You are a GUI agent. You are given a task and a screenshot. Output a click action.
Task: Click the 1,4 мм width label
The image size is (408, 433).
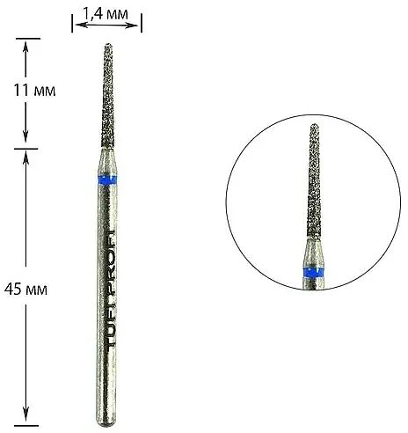[106, 14]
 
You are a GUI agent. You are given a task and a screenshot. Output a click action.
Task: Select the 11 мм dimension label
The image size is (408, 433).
[34, 91]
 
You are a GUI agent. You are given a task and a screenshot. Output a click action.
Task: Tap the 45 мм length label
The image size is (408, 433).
[25, 290]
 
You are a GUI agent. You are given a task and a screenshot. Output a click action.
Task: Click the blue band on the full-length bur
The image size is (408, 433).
[107, 180]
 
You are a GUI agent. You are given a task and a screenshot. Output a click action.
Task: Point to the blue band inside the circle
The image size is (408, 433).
[314, 272]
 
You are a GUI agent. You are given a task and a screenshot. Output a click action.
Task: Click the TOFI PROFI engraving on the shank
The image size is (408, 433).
[110, 289]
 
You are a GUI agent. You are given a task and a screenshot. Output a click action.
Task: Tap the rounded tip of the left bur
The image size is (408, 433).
[108, 45]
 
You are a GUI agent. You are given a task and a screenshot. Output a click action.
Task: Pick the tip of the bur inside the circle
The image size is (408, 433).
[315, 125]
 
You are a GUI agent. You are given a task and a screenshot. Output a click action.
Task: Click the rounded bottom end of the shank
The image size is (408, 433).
[106, 422]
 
